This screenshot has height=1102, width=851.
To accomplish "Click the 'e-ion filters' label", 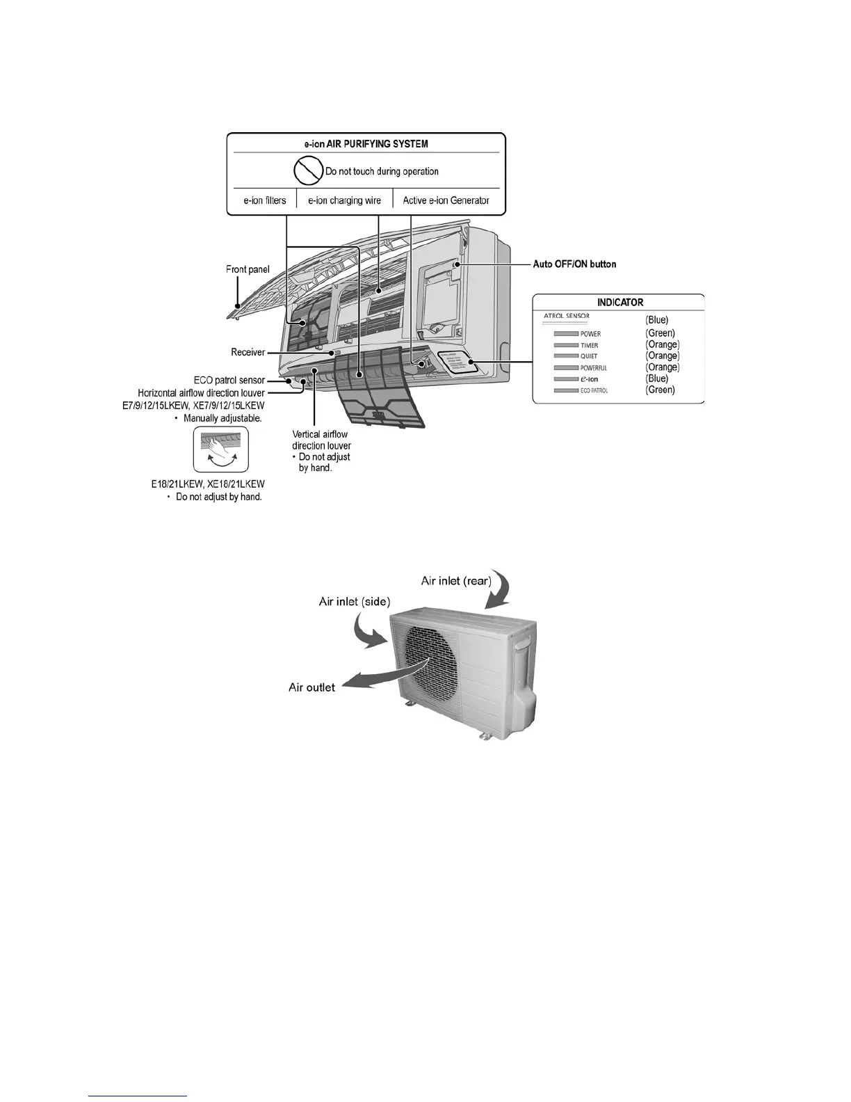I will [264, 200].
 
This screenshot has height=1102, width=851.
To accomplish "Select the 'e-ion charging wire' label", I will [344, 200].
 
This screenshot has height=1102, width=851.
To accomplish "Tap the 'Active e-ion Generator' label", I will [446, 200].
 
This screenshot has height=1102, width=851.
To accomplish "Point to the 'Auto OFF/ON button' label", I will [574, 264].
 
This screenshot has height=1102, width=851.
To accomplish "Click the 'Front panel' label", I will [248, 269].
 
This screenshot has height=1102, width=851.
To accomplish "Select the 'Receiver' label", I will [248, 353].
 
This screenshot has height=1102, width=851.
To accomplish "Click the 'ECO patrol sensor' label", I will [229, 381].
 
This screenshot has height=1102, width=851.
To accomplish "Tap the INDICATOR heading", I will [620, 303].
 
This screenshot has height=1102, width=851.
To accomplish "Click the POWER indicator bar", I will [566, 334].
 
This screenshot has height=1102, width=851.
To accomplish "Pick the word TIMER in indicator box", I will [589, 345].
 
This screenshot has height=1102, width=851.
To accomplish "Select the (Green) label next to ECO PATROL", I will [660, 390].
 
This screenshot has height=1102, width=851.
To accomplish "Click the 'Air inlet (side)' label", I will [355, 601].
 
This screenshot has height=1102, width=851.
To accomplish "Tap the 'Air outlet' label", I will [311, 687].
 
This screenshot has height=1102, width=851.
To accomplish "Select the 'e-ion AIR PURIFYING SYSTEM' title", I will [366, 144].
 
